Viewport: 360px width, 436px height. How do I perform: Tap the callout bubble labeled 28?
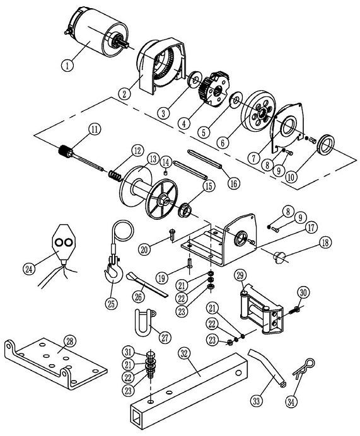(70, 341)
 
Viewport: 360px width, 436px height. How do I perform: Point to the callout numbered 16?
(233, 183)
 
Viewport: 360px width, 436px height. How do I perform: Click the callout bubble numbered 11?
(95, 130)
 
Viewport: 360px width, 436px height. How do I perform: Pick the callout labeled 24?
(28, 268)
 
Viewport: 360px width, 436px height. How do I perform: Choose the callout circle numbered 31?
(128, 352)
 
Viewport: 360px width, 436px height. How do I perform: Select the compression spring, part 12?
(115, 176)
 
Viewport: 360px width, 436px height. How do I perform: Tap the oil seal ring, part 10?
(327, 144)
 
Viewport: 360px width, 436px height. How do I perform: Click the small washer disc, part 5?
(236, 99)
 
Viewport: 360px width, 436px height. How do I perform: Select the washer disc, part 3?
(195, 79)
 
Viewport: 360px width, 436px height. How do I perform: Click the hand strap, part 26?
(146, 285)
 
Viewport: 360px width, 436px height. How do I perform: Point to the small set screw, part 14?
(166, 173)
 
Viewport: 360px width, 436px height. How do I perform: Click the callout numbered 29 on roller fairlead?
(240, 275)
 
